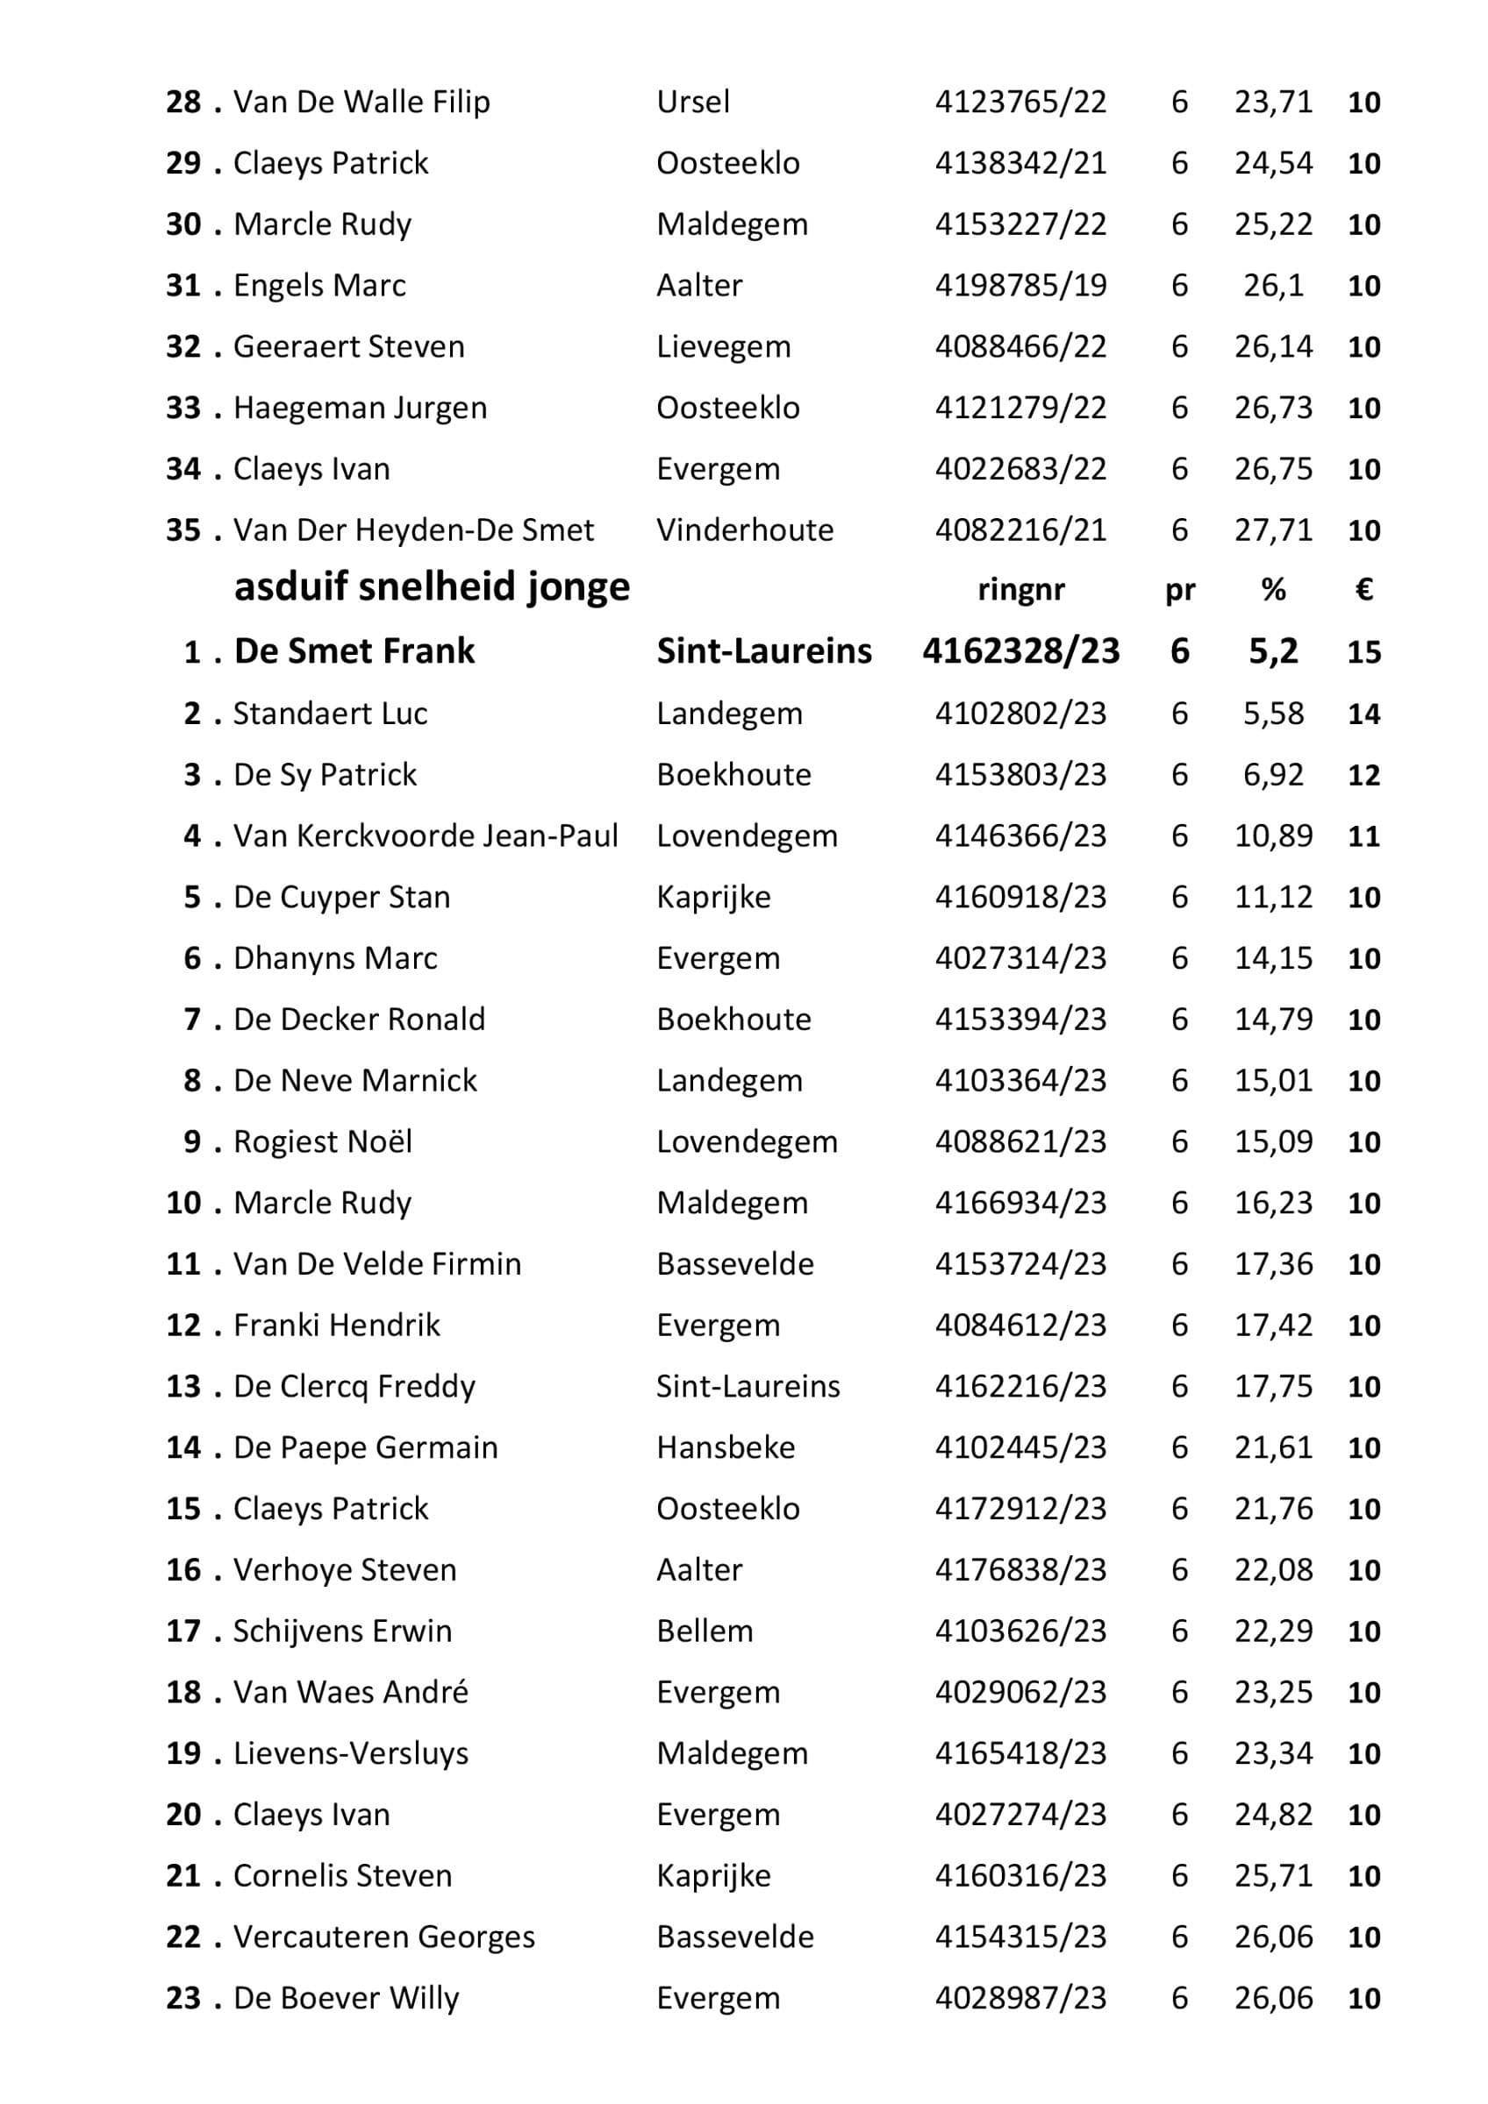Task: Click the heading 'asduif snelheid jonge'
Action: (x=432, y=586)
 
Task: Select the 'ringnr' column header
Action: (x=1020, y=589)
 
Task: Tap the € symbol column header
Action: (x=1363, y=589)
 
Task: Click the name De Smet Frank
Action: (x=354, y=650)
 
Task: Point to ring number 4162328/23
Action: (x=1020, y=650)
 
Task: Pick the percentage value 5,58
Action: (x=1272, y=713)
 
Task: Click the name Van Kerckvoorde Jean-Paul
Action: (x=426, y=835)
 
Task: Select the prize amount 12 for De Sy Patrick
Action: (x=1363, y=775)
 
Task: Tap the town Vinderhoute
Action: (x=745, y=530)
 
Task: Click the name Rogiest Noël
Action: (x=323, y=1141)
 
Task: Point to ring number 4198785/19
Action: (x=1020, y=285)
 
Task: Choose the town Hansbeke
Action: (x=726, y=1448)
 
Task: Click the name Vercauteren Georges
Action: (x=384, y=1937)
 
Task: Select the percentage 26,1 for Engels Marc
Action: (x=1272, y=285)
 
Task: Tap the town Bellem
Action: (x=705, y=1631)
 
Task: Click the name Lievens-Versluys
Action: (x=351, y=1754)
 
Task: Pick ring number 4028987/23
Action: (x=1020, y=1999)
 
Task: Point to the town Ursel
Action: (x=693, y=102)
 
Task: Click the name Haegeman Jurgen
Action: (x=361, y=408)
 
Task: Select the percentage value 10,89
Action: (x=1272, y=835)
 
